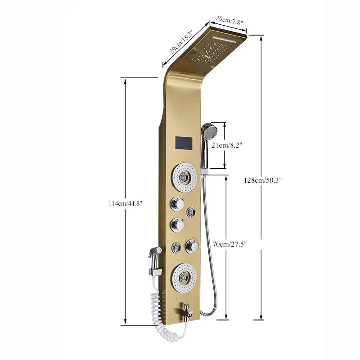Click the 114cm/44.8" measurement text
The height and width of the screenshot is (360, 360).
tap(125, 203)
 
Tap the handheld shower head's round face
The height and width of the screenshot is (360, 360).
tap(209, 131)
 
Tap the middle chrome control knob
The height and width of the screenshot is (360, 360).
tap(177, 224)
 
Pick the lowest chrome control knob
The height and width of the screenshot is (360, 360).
tap(192, 246)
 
